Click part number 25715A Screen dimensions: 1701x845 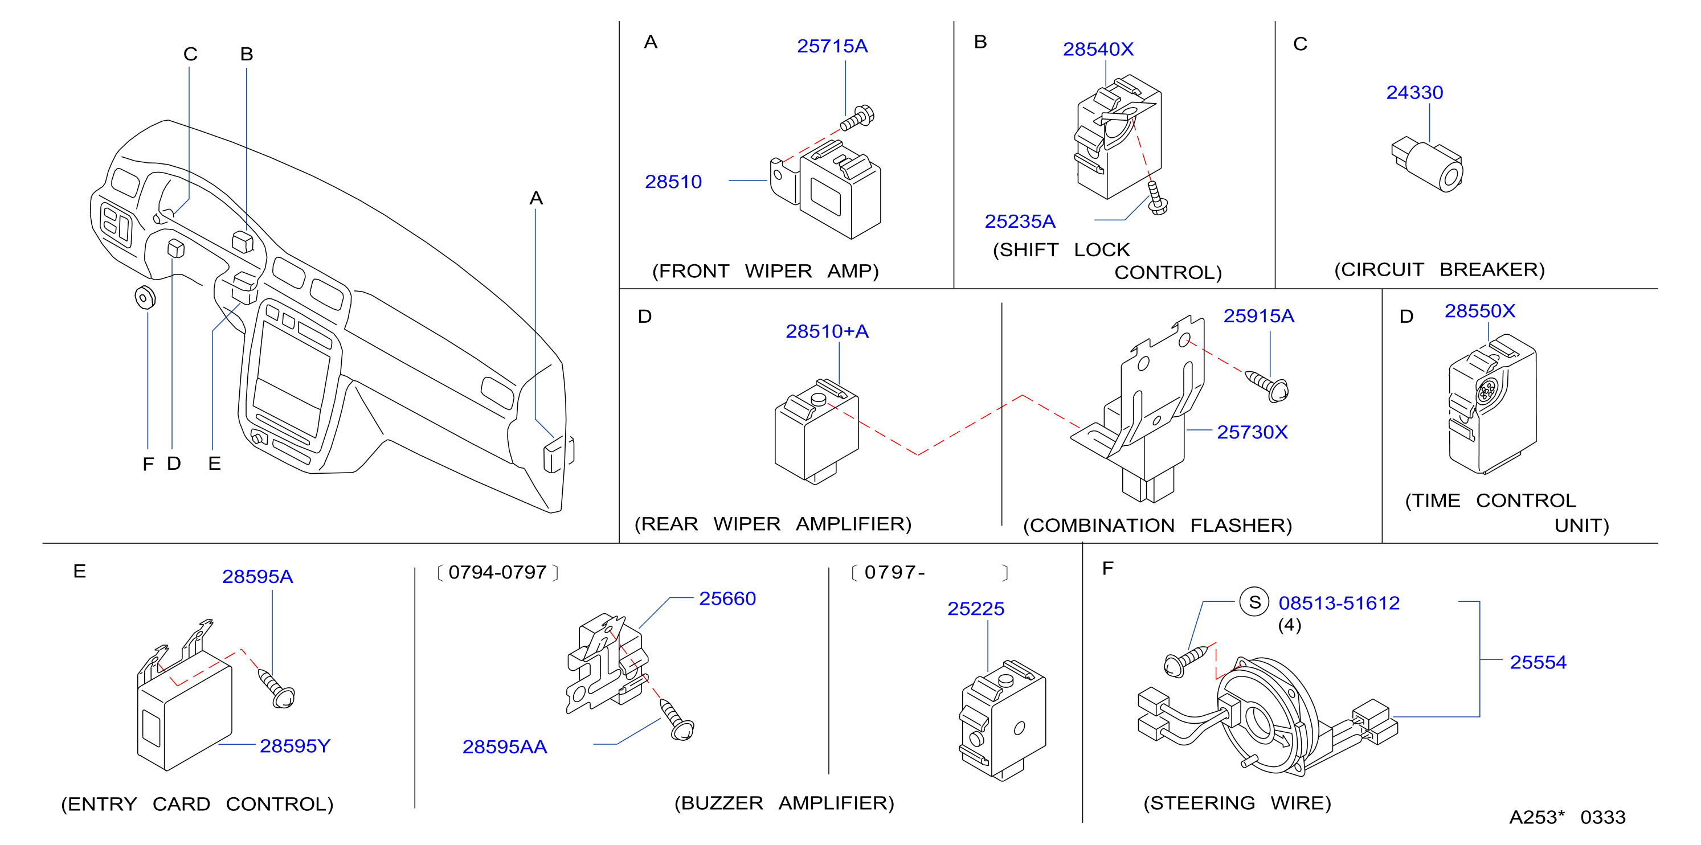[x=832, y=46]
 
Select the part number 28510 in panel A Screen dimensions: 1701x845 [x=673, y=182]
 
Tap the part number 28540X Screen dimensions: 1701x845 [x=1098, y=49]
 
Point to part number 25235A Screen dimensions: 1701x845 [x=1020, y=221]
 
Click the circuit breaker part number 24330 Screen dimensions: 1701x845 [x=1414, y=92]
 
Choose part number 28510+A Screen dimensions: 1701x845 [x=827, y=331]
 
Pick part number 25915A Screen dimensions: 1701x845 [x=1258, y=315]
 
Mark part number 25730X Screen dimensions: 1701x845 [x=1252, y=432]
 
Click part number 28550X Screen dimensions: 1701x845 [x=1480, y=310]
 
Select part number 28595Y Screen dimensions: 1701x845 [x=295, y=745]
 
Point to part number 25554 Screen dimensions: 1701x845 [x=1538, y=662]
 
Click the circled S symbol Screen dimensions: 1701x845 [x=1254, y=602]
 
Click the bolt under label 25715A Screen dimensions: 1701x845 [x=857, y=118]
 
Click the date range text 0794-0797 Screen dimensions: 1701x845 [x=497, y=572]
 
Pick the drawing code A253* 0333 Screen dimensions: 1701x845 [x=1567, y=817]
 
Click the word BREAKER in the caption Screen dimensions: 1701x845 [x=1492, y=269]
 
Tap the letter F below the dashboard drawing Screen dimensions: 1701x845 [x=148, y=465]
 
